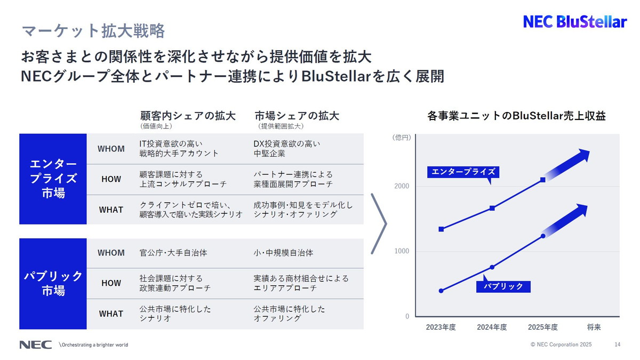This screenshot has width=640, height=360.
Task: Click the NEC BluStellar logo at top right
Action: coord(574,22)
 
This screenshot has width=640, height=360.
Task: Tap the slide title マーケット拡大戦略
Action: coord(93,31)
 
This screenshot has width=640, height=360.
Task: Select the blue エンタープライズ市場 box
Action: coord(53,179)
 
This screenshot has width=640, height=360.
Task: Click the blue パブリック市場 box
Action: coord(53,283)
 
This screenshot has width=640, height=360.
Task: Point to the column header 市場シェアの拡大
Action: coord(297,116)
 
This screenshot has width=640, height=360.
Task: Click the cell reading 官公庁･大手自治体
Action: coord(173,253)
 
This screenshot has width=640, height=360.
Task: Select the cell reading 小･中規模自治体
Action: coord(283,253)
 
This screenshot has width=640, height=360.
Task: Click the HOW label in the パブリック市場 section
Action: coord(111,283)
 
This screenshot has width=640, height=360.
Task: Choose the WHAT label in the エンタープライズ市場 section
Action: coord(111,210)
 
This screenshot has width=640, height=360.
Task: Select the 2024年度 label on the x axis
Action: coord(492,327)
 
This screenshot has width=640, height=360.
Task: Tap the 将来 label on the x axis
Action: coord(594,327)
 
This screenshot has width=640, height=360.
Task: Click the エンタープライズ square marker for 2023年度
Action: coord(441,229)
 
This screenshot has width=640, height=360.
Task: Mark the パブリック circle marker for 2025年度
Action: coord(543,236)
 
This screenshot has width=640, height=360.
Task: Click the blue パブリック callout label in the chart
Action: coord(503,286)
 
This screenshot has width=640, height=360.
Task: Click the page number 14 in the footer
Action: coord(618,345)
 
